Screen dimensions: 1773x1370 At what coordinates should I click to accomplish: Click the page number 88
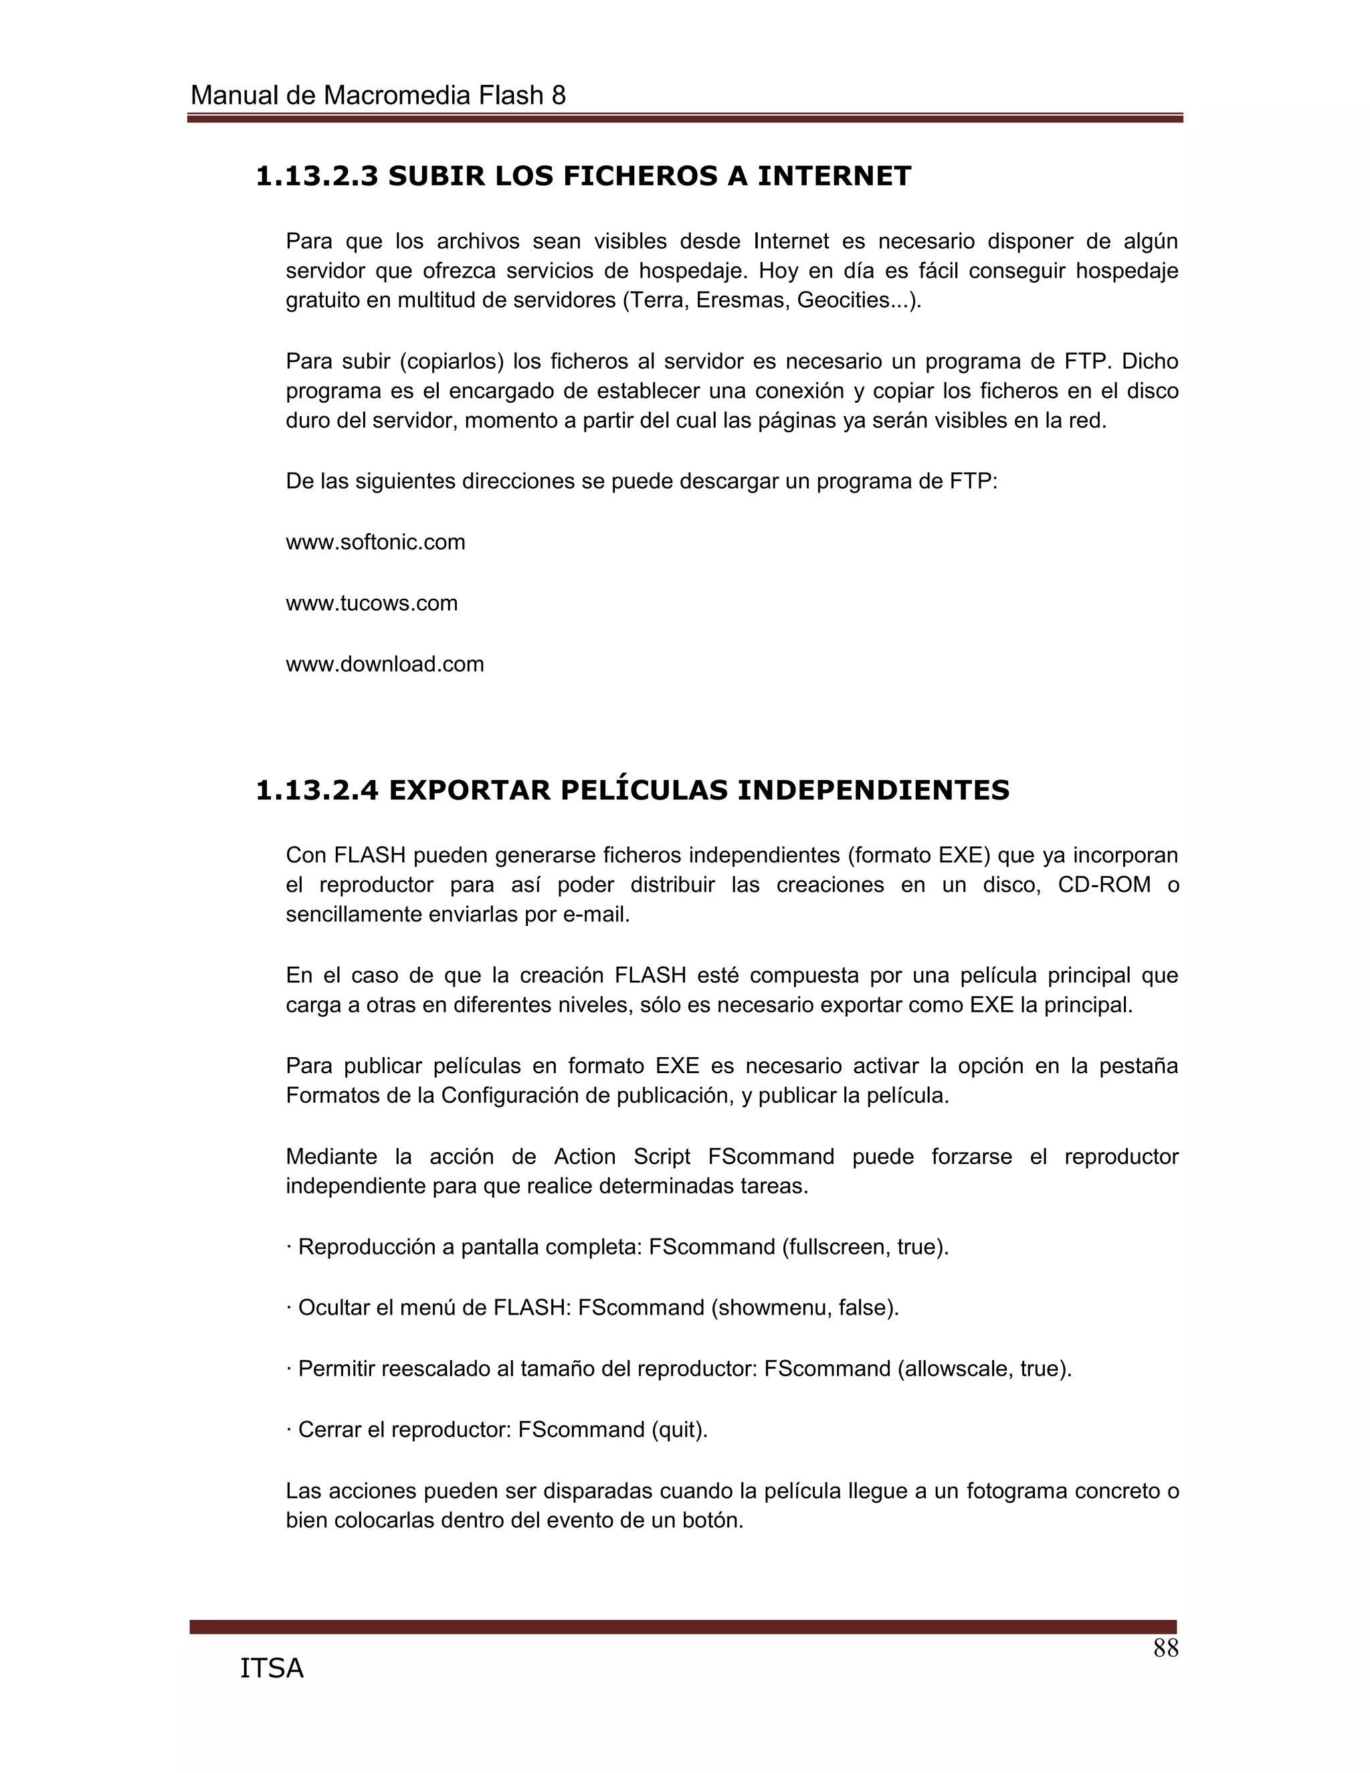pos(1165,1649)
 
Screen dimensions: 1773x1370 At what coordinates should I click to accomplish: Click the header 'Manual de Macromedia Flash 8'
pos(377,96)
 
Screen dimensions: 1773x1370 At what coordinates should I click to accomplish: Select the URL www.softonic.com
pos(375,543)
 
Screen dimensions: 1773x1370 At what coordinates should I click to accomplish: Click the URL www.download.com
pos(385,664)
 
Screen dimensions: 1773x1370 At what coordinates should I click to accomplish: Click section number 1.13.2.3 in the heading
pos(316,175)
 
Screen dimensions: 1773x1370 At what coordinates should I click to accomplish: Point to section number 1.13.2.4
pos(316,790)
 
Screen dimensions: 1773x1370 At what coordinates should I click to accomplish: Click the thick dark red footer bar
pos(682,1626)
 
